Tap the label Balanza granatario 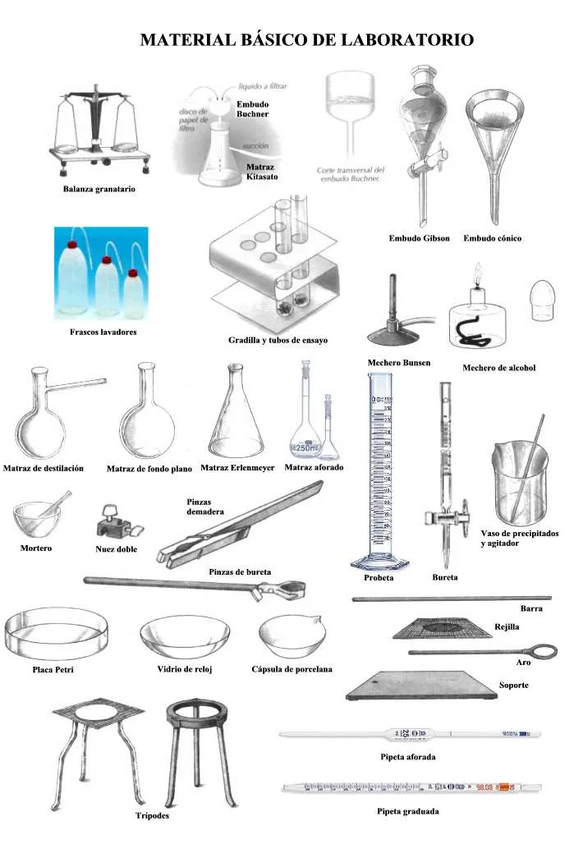point(99,189)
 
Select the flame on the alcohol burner point(476,273)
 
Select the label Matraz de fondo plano point(149,469)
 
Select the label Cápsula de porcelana point(292,669)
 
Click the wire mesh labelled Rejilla point(442,627)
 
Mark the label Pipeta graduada point(407,811)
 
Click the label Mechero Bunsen point(398,362)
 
